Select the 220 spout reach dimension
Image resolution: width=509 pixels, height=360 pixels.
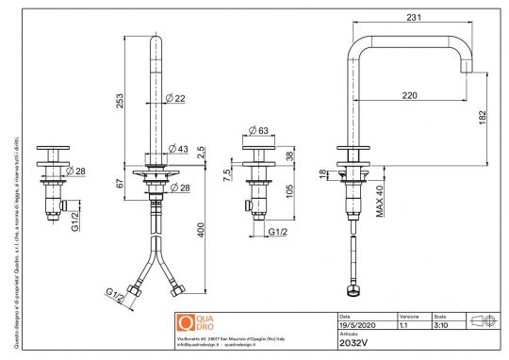coord(407,95)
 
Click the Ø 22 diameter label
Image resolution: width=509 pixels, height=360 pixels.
coord(174,99)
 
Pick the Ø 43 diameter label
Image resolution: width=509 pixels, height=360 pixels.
coord(176,149)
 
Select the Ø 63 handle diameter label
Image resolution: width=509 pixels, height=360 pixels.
coord(257,131)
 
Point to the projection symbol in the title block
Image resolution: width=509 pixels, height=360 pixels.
coord(483,320)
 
